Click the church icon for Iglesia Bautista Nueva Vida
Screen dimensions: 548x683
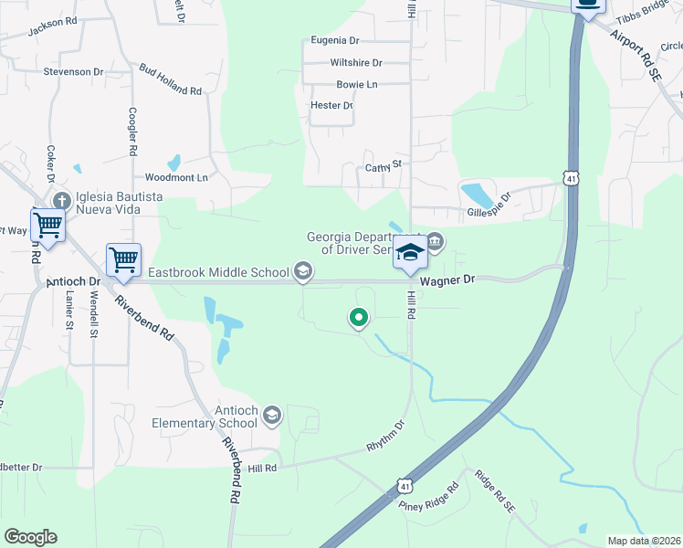(x=62, y=201)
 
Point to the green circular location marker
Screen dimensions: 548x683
(x=359, y=318)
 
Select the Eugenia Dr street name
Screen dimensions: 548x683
(x=335, y=40)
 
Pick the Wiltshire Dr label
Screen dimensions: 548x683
(x=355, y=63)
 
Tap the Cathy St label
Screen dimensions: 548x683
(x=384, y=166)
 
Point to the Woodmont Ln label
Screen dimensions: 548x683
(x=177, y=177)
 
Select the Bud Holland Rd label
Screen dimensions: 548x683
(x=170, y=80)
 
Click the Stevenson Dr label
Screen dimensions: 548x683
(x=74, y=71)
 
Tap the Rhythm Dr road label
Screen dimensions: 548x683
(x=384, y=437)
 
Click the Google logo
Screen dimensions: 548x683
(x=30, y=537)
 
